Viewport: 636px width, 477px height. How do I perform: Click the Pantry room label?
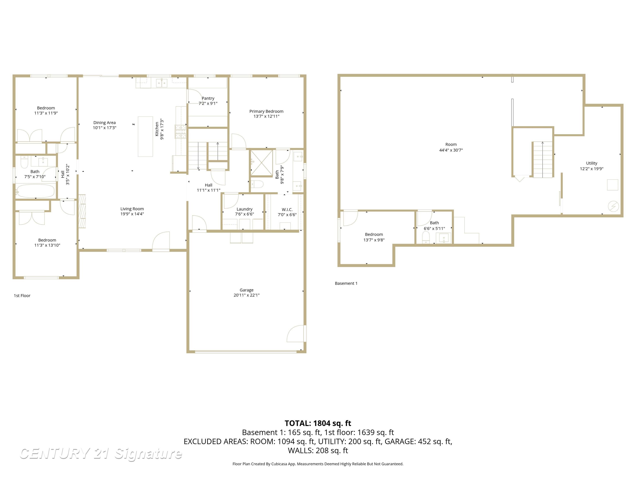coord(208,98)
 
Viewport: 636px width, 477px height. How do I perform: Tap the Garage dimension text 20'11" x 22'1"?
coord(246,295)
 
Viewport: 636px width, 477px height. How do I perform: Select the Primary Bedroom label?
coord(266,111)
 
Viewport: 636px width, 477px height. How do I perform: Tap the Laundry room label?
coord(244,209)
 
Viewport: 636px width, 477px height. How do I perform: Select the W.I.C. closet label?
coord(287,210)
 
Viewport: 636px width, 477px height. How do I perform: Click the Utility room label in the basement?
coord(591,163)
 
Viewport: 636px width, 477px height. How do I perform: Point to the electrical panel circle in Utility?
coord(613,206)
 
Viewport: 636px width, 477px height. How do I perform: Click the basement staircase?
coord(543,160)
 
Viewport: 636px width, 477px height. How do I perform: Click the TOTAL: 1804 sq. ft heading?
coord(318,423)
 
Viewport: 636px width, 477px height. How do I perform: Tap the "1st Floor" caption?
coord(22,296)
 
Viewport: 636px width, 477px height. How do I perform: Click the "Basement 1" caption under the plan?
coord(346,283)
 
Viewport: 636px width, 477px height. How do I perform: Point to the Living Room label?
coord(132,209)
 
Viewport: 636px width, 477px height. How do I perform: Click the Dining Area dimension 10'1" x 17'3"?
coord(104,128)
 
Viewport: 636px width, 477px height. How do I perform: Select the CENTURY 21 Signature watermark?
coord(101,454)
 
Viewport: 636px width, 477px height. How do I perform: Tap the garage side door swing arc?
coord(295,334)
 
